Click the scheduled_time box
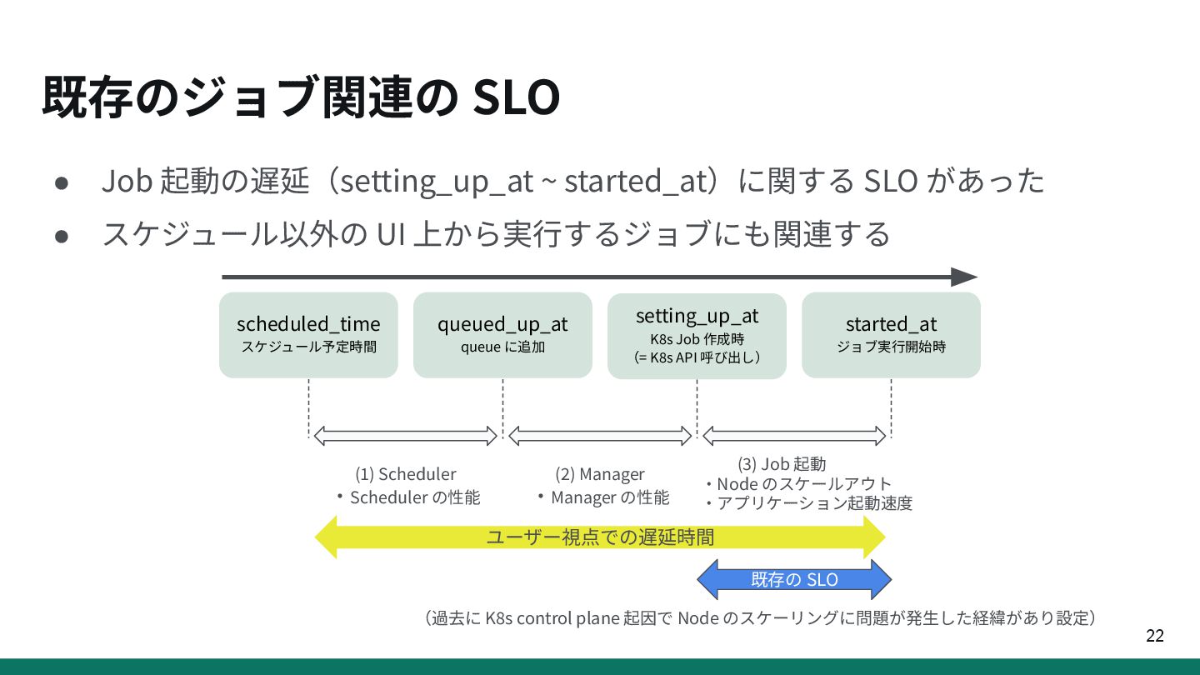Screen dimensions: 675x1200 308,334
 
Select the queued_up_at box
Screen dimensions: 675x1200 502,334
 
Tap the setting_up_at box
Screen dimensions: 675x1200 697,335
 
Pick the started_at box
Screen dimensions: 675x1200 891,334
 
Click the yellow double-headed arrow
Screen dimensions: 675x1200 600,537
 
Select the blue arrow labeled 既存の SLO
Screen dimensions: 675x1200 794,579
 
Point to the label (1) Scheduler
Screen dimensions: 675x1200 406,474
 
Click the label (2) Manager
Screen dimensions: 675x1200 600,474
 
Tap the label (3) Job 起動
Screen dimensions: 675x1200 782,464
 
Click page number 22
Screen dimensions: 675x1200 1154,637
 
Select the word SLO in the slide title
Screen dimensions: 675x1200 516,98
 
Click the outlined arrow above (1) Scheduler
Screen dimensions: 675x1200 405,435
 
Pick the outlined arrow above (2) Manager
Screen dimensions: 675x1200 600,435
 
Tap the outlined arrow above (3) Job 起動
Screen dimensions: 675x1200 794,435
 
